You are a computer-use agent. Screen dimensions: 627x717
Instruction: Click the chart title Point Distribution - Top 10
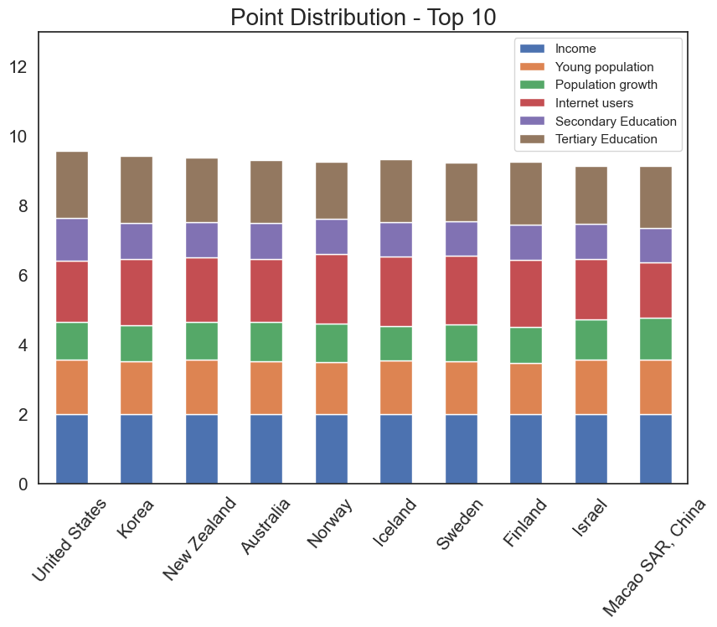(363, 17)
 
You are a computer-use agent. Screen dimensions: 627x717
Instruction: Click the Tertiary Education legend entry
(606, 139)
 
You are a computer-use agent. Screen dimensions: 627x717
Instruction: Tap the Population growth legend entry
(606, 85)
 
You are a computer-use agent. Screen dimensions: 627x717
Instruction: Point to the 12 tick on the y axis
(19, 67)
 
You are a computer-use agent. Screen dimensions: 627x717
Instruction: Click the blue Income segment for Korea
(137, 448)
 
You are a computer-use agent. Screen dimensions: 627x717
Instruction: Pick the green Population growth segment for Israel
(591, 339)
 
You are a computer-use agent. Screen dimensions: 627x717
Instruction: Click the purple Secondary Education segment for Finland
(526, 242)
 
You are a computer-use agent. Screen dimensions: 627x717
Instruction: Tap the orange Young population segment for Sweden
(462, 387)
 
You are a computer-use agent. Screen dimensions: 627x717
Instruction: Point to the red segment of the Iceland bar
(396, 291)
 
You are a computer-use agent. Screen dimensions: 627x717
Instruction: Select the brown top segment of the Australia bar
(266, 191)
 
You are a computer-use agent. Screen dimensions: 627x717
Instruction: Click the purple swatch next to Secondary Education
(533, 122)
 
